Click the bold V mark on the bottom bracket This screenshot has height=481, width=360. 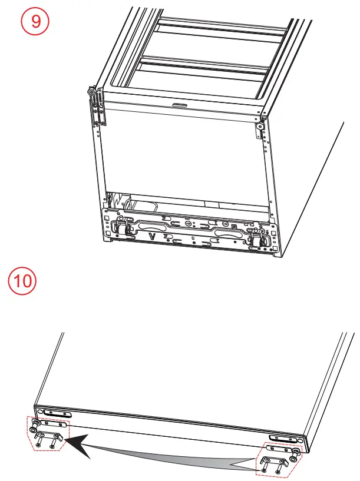click(153, 237)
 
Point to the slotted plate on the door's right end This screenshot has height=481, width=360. click(279, 438)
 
